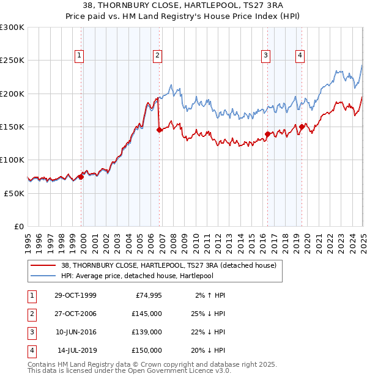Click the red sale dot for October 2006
coord(160,130)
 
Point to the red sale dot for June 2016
coord(267,134)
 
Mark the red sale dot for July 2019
coord(302,127)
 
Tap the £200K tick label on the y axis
coord(12,94)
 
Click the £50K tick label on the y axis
coord(14,193)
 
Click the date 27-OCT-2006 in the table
coord(74,314)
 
